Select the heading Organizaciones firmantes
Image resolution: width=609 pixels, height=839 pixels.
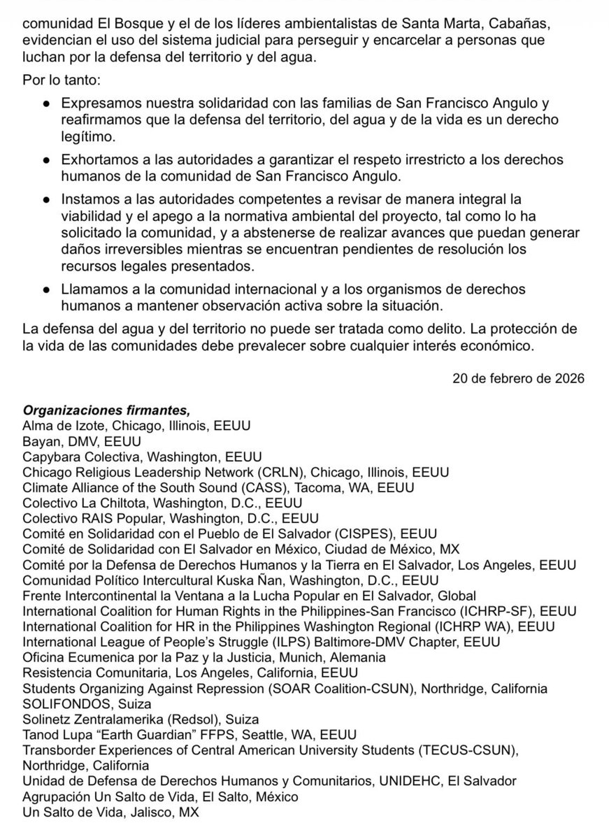click(x=106, y=410)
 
